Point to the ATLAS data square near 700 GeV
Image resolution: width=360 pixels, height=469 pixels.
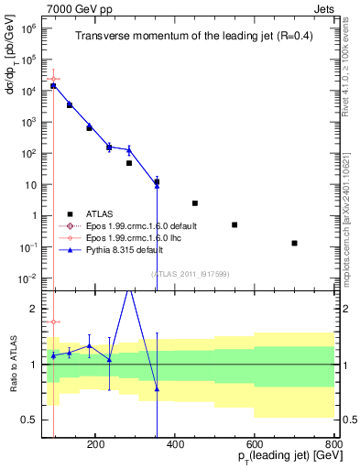click(x=294, y=243)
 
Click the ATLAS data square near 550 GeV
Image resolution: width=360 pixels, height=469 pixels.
click(x=235, y=224)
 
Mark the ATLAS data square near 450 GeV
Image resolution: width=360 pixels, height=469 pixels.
click(x=195, y=203)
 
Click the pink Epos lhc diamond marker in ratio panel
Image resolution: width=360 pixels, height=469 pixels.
click(x=54, y=322)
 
